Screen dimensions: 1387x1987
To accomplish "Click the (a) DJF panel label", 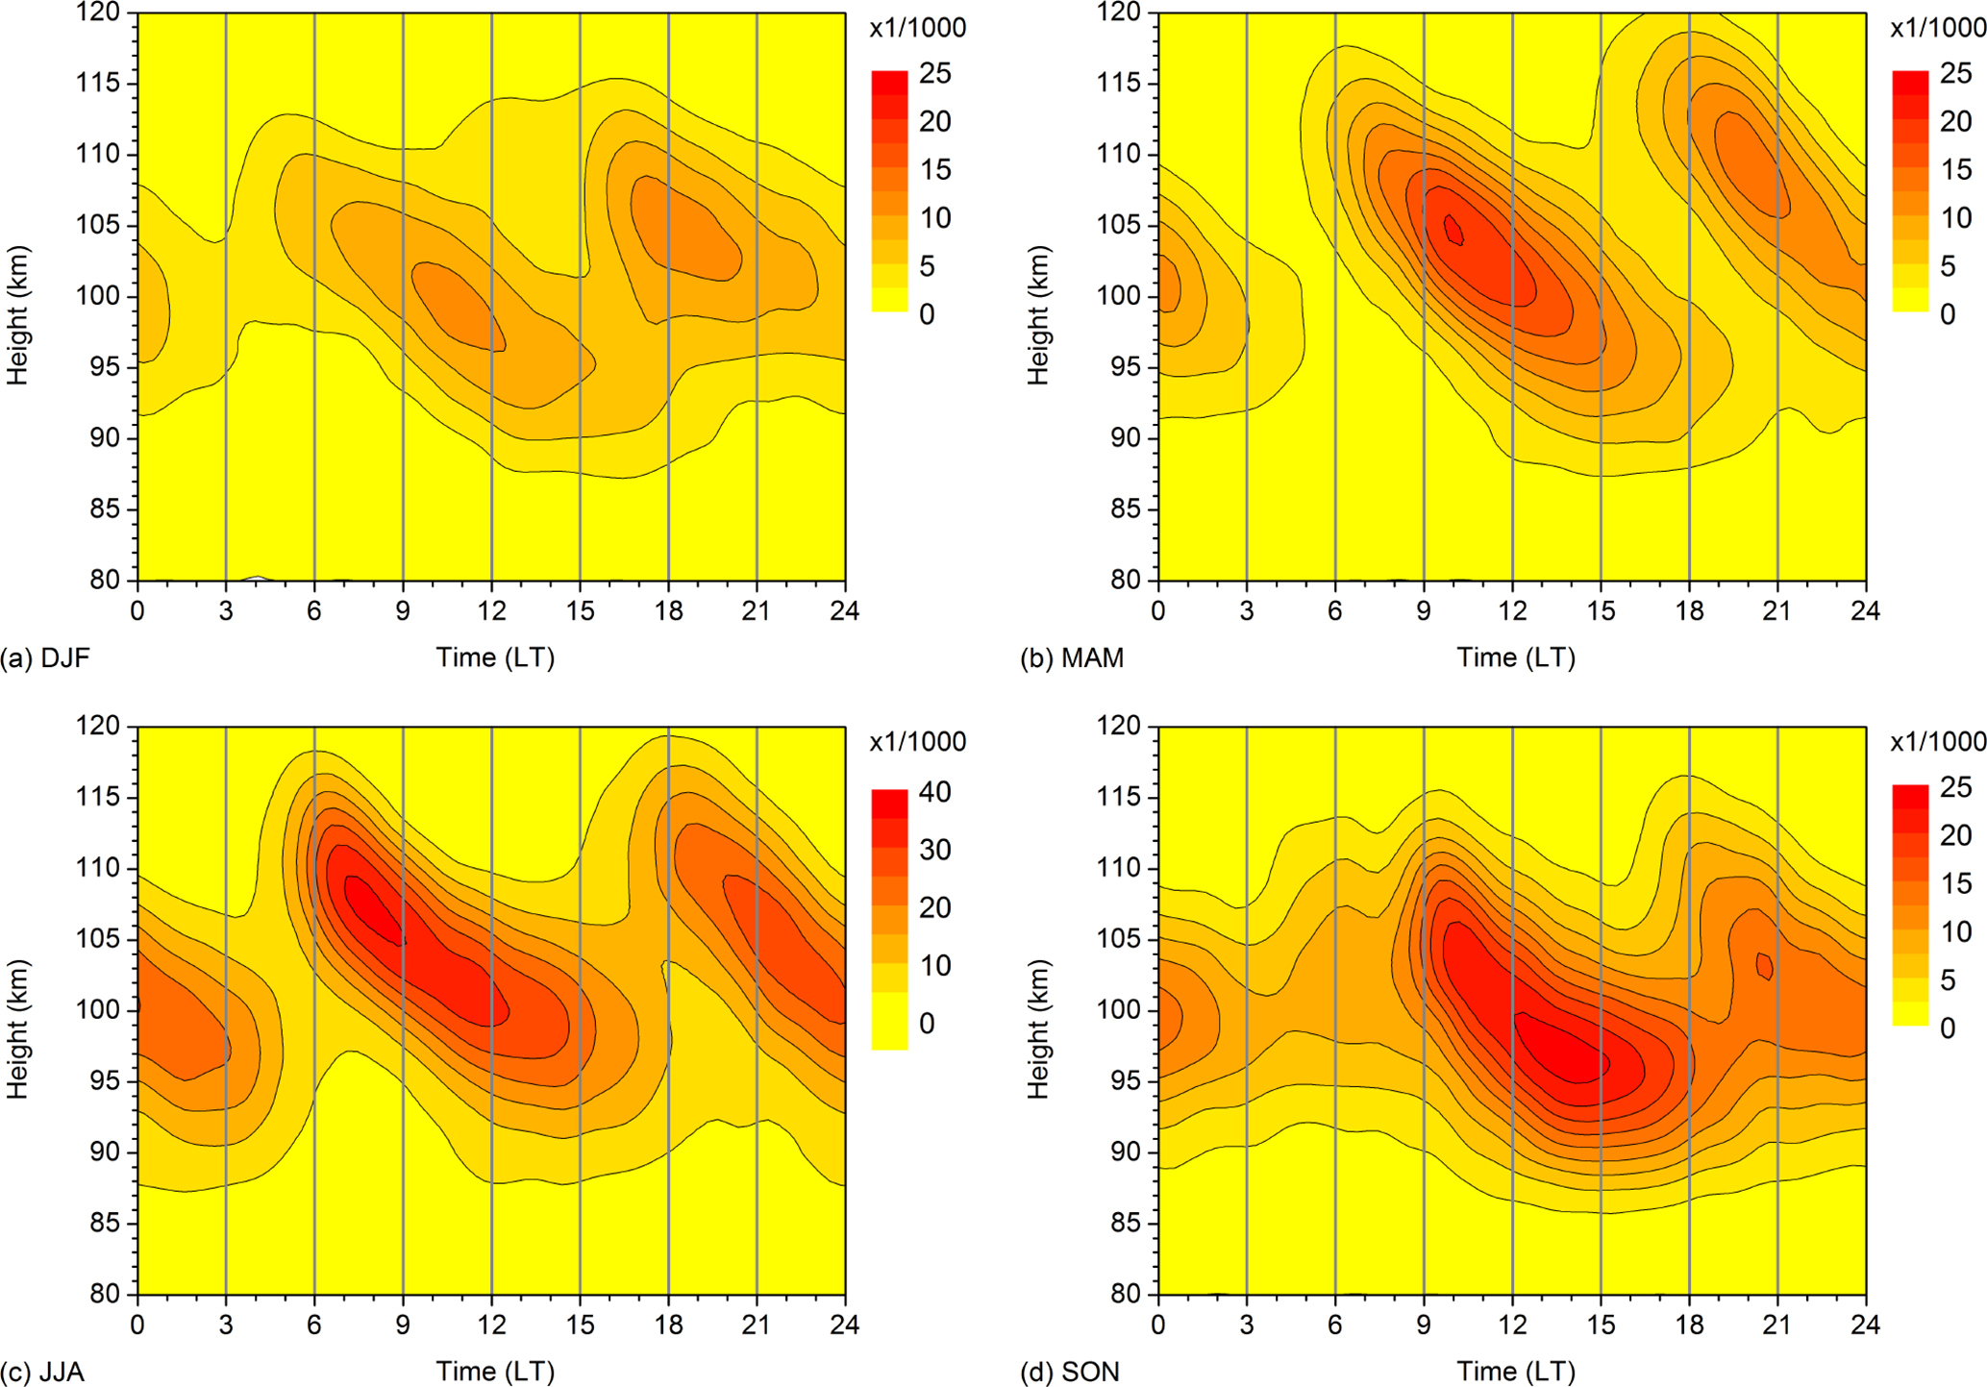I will pos(45,658).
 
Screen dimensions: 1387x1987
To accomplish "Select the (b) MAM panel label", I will pos(1071,658).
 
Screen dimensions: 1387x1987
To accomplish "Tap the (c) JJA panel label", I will pos(42,1372).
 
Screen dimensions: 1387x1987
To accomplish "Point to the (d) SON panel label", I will pos(1070,1372).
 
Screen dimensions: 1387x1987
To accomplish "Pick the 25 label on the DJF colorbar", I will pos(934,74).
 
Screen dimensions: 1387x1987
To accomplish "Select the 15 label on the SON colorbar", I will pos(1955,883).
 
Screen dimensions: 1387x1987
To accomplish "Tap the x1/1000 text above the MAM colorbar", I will pos(1937,28).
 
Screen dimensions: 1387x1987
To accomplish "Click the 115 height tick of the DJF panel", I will pos(99,84).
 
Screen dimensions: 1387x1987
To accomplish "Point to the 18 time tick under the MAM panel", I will pos(1689,611).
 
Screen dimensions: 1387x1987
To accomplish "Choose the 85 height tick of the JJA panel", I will pos(107,1224).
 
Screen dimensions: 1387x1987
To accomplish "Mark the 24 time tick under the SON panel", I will pos(1865,1325).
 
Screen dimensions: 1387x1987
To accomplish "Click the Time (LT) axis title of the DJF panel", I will pos(495,658).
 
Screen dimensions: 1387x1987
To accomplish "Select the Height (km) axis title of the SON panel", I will pos(1038,1028).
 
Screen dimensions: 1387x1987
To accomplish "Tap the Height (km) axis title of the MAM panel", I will pos(1038,315).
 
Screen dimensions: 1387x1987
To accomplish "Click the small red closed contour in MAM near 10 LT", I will pos(1453,230).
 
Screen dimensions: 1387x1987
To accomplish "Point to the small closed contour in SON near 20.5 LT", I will pos(1764,965).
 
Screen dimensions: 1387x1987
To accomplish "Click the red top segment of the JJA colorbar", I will pos(889,804).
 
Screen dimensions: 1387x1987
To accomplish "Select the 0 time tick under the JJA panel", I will pos(137,1325).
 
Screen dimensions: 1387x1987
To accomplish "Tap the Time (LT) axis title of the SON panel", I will pos(1515,1372).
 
